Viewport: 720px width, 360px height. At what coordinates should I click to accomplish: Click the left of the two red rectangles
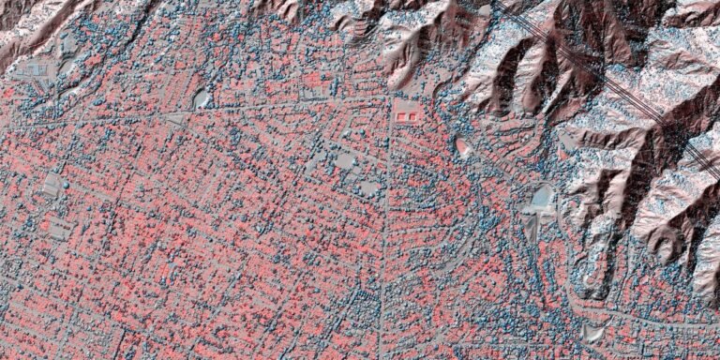[x=403, y=115]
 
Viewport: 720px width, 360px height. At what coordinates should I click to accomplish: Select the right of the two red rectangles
[x=414, y=115]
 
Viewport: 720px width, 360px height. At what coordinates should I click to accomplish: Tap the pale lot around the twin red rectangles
[x=409, y=110]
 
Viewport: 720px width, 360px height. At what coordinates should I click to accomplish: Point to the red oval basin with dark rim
[x=463, y=146]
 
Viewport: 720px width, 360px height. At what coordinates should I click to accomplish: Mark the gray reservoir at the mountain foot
[x=543, y=197]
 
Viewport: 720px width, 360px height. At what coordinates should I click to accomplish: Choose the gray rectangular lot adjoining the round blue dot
[x=52, y=185]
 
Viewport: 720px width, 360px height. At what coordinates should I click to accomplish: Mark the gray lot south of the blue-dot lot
[x=58, y=227]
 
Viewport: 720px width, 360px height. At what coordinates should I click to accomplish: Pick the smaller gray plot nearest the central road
[x=368, y=187]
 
